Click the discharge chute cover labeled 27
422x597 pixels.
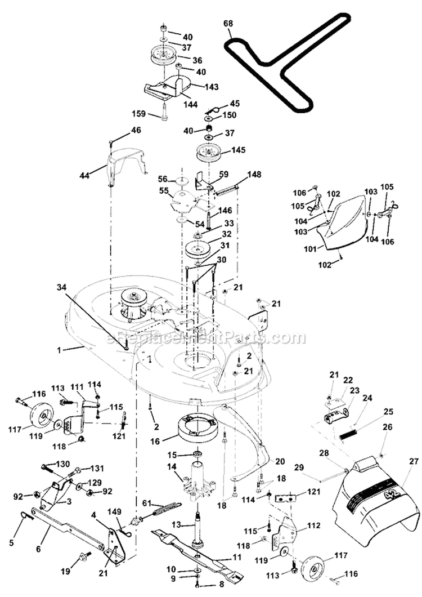(x=374, y=501)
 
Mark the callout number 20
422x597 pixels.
(x=280, y=461)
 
